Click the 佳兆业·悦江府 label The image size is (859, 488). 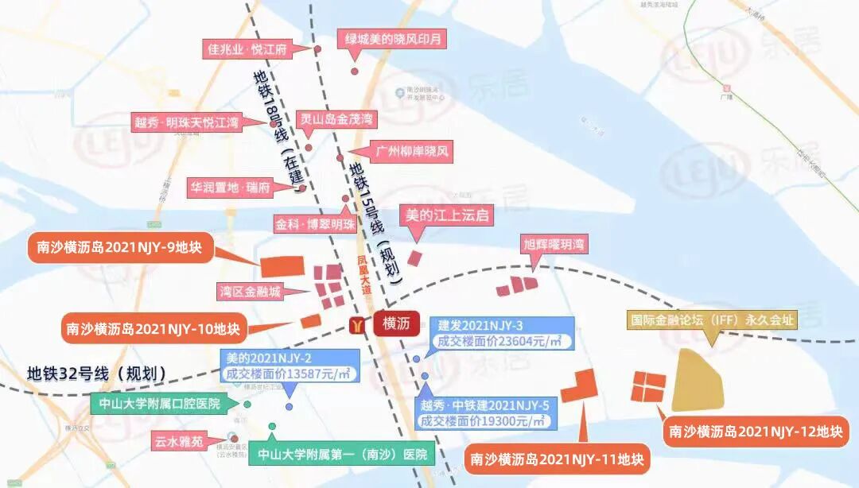[246, 48]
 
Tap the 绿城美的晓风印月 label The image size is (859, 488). [392, 38]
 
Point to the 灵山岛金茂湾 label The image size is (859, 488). [336, 120]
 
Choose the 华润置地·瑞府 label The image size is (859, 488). [230, 188]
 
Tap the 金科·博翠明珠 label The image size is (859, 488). [315, 224]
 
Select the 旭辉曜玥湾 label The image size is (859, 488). [554, 244]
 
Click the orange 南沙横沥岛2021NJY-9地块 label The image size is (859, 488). [115, 248]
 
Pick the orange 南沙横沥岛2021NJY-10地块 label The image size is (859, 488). [154, 327]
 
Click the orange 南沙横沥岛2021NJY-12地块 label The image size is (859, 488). [756, 432]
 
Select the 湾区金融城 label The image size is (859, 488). [251, 292]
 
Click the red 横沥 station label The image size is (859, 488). [395, 324]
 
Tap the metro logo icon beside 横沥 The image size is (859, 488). [360, 324]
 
